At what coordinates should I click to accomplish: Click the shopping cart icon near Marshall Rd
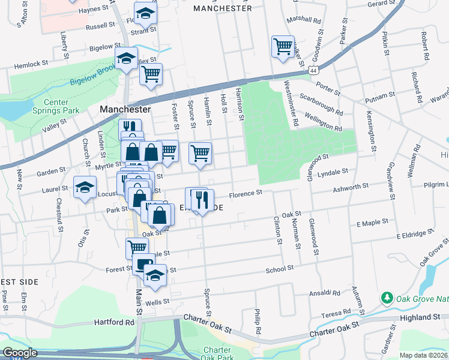tap(283, 46)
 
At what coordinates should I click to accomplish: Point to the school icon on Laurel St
tap(85, 187)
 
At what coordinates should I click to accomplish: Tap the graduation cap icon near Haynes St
tap(144, 13)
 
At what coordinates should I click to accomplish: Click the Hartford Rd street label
tap(114, 322)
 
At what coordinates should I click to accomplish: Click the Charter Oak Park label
tap(217, 354)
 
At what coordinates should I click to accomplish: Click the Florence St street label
tap(247, 193)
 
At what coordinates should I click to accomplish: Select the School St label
tap(280, 269)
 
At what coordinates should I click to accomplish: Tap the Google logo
tap(20, 353)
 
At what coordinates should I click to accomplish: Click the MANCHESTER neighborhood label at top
tap(223, 8)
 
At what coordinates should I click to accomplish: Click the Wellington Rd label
tap(323, 121)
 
